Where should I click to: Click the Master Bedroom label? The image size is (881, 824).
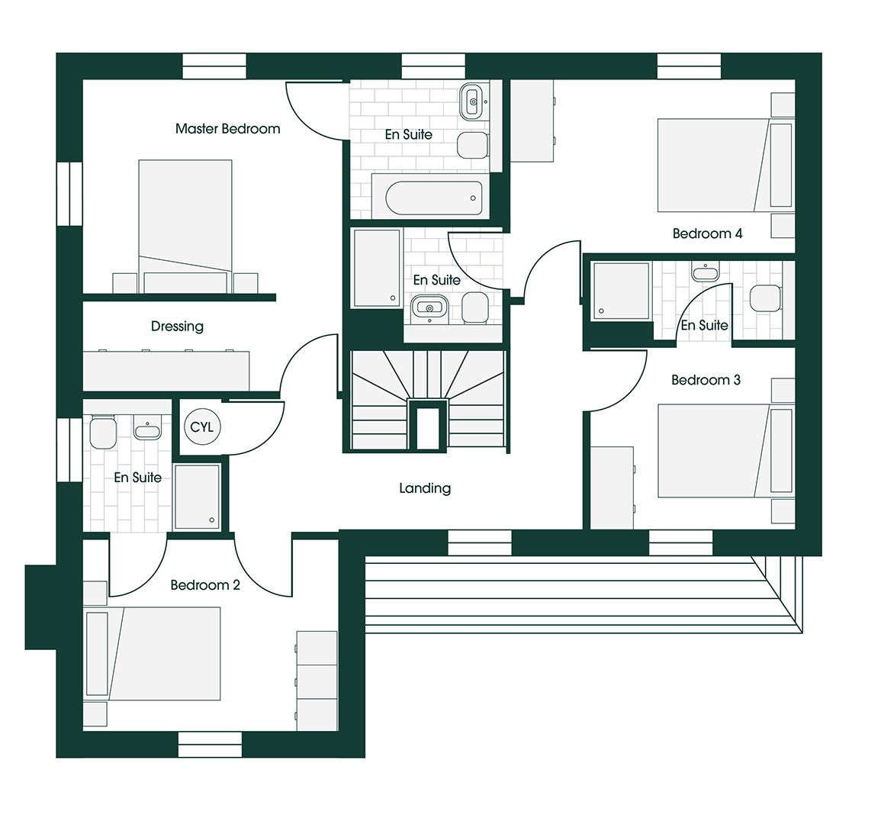[227, 129]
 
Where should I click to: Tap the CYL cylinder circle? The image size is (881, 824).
[202, 427]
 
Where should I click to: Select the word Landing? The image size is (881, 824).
[425, 488]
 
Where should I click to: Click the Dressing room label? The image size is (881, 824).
[177, 326]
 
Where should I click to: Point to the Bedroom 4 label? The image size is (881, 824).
[707, 233]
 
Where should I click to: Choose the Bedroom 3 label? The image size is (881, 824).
[706, 380]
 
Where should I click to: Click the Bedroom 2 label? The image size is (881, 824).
[205, 585]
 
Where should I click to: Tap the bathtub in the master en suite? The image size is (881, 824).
[434, 198]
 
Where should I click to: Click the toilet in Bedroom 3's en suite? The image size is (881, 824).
[765, 298]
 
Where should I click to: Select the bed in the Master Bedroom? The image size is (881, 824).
[185, 227]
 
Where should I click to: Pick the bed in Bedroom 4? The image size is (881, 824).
[725, 166]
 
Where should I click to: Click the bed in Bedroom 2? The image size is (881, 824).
[152, 654]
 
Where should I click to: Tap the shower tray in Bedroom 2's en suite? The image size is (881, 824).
[197, 497]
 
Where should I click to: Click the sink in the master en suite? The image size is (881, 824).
[472, 101]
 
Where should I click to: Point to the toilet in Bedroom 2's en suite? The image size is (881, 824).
[103, 433]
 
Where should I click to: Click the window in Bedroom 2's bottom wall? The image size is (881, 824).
[210, 745]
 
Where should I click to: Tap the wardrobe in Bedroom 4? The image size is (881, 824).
[532, 121]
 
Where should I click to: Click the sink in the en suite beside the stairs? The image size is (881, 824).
[430, 308]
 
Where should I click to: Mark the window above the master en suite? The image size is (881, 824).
[433, 66]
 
